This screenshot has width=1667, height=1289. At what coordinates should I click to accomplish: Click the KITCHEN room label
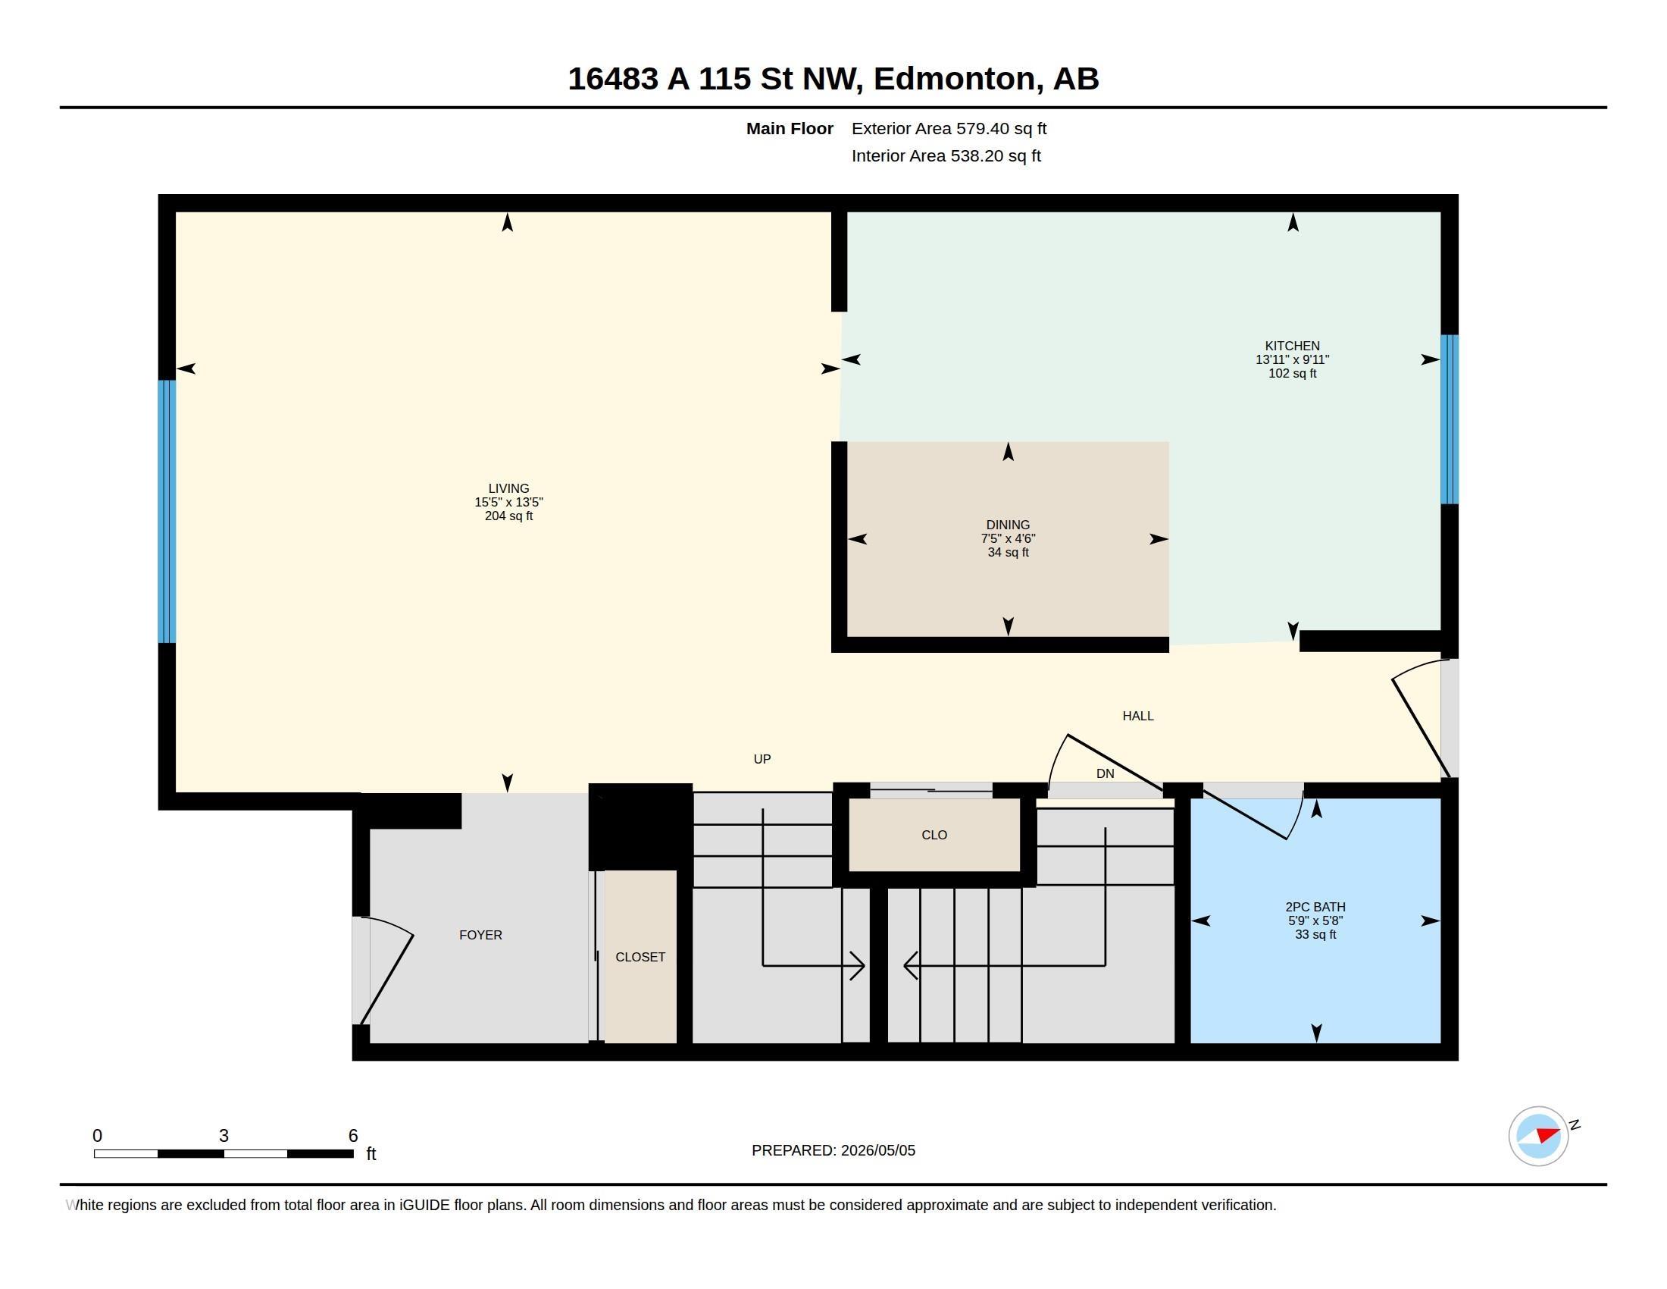point(1292,346)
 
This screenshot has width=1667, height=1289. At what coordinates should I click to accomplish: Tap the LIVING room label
point(508,489)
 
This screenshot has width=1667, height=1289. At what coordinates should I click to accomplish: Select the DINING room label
point(1008,525)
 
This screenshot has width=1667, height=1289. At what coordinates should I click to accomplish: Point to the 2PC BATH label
point(1315,907)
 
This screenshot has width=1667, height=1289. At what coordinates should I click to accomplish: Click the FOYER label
point(481,935)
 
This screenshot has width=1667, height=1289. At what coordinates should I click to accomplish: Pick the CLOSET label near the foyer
point(640,957)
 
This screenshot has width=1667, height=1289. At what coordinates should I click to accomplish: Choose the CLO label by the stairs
point(934,835)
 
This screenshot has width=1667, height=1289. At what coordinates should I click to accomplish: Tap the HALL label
point(1138,716)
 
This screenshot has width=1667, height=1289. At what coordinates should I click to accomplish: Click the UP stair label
point(762,759)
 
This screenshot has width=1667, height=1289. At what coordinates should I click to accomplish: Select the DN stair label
point(1106,773)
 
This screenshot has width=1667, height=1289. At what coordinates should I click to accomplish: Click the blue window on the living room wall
point(167,512)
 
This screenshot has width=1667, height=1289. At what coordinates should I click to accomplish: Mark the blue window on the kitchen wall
point(1450,419)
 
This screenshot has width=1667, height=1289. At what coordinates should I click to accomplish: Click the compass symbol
point(1539,1136)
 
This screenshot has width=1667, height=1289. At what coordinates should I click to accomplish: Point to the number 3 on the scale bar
point(224,1136)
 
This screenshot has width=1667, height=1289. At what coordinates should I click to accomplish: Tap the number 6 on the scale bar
point(352,1136)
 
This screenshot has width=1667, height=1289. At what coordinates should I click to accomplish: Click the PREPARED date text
point(833,1150)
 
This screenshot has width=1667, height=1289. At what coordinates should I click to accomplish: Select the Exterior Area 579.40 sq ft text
point(949,128)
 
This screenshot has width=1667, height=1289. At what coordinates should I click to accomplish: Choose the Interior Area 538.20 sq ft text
point(946,155)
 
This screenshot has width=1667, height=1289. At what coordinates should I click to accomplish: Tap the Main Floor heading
point(790,128)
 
